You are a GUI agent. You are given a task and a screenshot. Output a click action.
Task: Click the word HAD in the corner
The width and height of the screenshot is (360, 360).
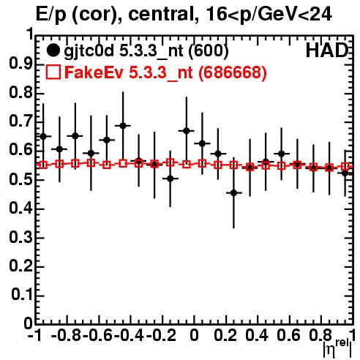(327, 51)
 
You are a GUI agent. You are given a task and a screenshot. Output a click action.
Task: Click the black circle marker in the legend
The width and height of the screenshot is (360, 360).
(53, 50)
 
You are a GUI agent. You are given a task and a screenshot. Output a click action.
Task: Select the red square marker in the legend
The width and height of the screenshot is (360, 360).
(53, 72)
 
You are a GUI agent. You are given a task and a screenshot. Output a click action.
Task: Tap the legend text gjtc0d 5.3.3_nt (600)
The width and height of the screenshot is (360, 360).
(146, 51)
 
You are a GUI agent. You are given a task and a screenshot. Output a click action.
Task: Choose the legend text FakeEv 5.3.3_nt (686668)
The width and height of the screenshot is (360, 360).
(166, 72)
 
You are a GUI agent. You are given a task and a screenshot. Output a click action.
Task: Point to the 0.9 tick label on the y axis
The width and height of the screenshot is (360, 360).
(20, 64)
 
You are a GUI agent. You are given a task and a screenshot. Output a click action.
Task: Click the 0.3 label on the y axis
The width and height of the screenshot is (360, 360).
(20, 237)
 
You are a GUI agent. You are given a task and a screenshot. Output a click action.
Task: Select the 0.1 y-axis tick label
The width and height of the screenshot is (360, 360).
(21, 295)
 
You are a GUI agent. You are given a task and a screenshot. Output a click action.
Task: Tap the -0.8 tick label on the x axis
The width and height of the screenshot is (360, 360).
(67, 335)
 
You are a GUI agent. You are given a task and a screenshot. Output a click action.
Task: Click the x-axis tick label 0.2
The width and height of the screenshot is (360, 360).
(225, 335)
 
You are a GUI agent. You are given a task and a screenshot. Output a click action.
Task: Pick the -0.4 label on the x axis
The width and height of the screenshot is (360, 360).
(130, 335)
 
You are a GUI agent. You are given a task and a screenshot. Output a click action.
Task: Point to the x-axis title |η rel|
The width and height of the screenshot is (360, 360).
(337, 348)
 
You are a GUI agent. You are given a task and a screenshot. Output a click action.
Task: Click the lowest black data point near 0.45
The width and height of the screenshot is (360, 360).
(233, 193)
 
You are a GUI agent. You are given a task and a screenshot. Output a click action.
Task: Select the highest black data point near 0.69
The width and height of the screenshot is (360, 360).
(123, 126)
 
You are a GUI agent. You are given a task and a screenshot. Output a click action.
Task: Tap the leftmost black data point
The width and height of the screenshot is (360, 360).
(43, 136)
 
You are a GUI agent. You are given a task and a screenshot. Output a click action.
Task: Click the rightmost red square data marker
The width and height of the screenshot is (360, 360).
(345, 167)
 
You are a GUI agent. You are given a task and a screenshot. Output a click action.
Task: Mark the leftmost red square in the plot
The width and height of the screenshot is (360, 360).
(43, 165)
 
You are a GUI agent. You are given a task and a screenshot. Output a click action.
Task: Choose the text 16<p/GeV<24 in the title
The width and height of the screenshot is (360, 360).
(269, 15)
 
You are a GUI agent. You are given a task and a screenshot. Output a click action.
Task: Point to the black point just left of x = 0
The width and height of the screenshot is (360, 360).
(187, 131)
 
